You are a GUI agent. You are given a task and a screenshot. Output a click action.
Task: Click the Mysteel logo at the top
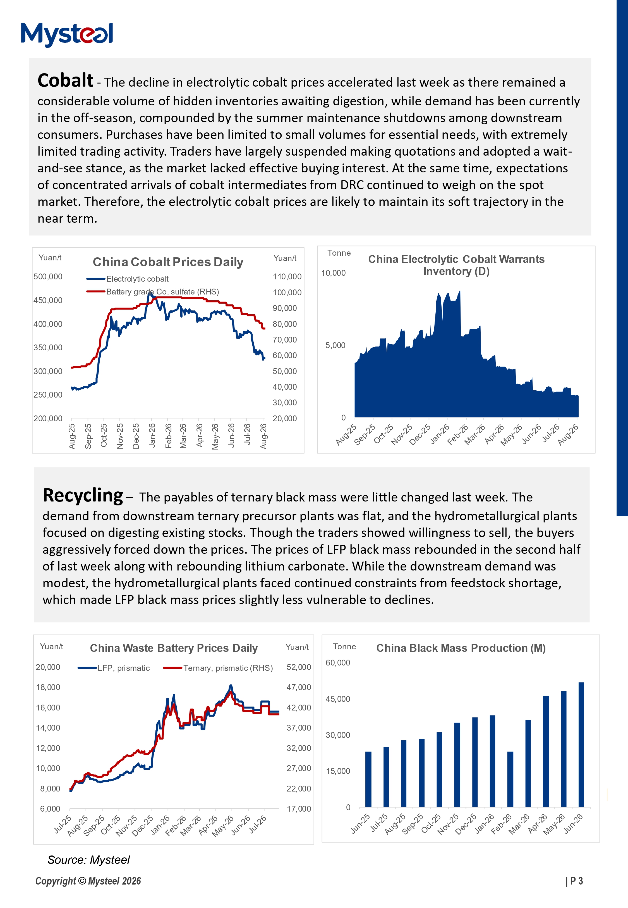tap(67, 35)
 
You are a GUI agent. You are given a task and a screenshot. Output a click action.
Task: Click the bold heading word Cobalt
tap(65, 80)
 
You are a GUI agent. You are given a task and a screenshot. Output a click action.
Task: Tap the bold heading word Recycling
tap(83, 495)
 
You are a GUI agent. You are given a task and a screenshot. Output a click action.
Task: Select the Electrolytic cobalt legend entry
tap(128, 279)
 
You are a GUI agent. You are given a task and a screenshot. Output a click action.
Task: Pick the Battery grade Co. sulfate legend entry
tap(153, 292)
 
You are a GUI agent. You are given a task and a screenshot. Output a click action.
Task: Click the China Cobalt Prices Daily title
tap(168, 262)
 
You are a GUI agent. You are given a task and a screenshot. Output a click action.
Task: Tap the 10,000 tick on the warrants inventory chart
tap(333, 273)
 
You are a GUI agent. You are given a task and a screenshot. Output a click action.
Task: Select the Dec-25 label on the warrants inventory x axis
tap(420, 435)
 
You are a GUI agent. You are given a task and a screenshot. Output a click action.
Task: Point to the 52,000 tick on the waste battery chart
tap(299, 667)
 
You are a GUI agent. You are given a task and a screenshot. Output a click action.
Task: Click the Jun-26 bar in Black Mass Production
tap(581, 745)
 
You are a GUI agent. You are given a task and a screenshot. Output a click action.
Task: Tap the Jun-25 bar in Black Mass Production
tap(368, 779)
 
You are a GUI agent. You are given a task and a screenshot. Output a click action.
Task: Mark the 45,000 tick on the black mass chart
tap(338, 699)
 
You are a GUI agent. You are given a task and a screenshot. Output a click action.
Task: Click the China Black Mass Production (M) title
tap(461, 648)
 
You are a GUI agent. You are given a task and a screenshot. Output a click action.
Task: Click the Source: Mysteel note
tap(88, 860)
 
